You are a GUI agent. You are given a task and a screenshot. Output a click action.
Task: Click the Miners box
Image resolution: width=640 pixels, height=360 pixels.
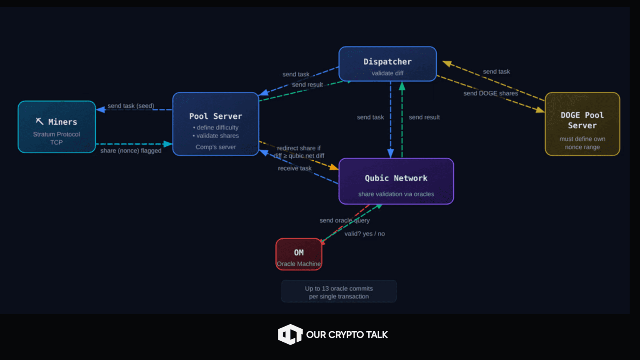57,127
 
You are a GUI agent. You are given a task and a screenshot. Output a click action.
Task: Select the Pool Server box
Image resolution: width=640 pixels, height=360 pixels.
215,124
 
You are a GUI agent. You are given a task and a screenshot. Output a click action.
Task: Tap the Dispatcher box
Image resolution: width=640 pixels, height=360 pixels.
387,64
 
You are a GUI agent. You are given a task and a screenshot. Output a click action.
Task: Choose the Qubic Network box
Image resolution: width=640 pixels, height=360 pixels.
396,181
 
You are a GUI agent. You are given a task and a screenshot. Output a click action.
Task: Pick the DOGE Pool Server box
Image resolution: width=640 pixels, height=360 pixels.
582,124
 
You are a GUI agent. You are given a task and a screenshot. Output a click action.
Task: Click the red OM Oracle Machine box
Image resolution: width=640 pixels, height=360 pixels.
299,254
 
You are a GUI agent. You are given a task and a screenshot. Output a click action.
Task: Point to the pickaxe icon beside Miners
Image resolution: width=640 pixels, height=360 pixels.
40,121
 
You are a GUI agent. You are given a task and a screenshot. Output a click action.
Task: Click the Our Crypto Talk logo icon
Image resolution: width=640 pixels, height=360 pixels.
290,334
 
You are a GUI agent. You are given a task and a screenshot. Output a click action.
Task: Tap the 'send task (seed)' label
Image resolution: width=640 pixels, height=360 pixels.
131,106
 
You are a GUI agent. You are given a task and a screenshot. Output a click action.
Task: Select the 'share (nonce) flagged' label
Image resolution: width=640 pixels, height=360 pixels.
131,150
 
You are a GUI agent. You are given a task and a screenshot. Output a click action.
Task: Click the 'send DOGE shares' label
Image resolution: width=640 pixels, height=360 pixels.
490,93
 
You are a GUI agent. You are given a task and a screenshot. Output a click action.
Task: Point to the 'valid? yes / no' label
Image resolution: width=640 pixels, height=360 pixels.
365,234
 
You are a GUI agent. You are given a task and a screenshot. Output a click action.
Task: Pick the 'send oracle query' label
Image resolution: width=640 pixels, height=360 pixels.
345,220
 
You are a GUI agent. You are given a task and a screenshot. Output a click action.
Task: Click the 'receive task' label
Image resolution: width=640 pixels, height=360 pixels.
295,168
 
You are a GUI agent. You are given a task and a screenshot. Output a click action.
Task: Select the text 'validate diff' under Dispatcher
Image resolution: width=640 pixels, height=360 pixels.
387,73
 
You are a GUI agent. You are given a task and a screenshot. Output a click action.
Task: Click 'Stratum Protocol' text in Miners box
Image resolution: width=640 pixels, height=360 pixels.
57,134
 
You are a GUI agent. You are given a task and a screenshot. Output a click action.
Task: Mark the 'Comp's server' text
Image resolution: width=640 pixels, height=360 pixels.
215,147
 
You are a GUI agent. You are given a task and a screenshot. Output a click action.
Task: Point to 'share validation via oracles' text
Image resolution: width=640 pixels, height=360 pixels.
396,194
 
